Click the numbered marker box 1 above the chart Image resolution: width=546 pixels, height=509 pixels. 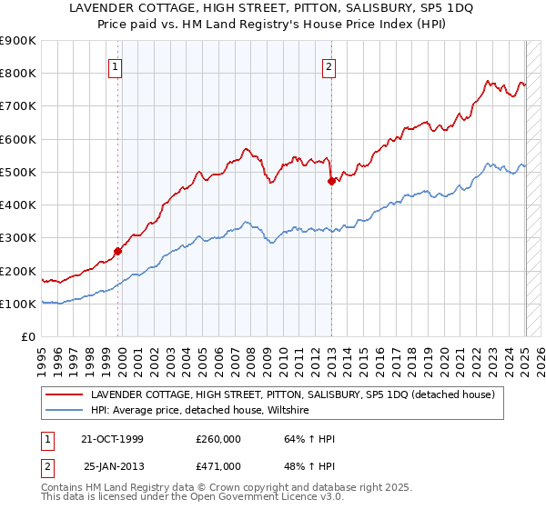[117, 65]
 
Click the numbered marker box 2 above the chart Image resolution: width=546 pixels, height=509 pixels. [329, 65]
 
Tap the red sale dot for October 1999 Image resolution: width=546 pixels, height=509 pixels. [118, 251]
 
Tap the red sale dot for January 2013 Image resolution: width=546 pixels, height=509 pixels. [332, 181]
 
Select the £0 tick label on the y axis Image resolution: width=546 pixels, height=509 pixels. [27, 337]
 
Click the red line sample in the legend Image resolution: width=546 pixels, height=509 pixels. [64, 395]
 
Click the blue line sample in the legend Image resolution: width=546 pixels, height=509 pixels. [64, 411]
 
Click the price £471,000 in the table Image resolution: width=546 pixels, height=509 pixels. [217, 466]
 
